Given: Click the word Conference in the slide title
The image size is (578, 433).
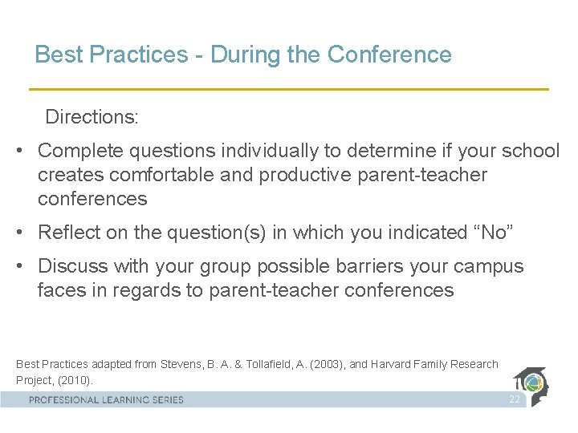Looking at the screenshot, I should (389, 55).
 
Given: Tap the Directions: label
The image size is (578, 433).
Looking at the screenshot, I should (92, 117).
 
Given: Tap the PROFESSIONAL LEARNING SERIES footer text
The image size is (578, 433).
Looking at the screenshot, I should (107, 399).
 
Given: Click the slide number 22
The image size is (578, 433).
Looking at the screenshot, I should (514, 399).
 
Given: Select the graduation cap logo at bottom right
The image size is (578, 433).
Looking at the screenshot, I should (535, 386).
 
